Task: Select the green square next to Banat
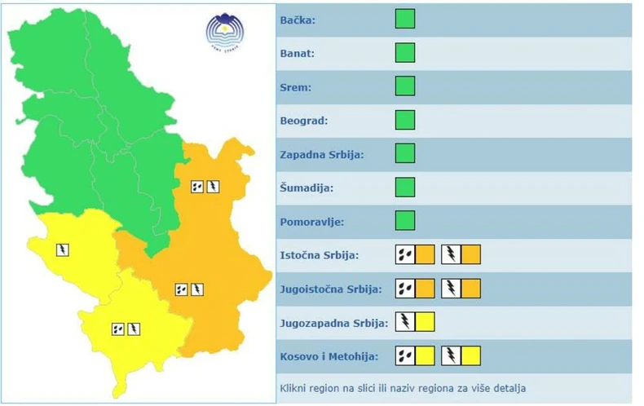(x=405, y=53)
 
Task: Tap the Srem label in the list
(x=296, y=87)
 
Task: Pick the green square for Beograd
(x=405, y=120)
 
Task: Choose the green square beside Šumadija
(x=405, y=188)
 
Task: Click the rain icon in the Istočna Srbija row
(x=405, y=254)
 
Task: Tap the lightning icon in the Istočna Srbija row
(x=451, y=254)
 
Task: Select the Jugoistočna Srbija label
(x=331, y=289)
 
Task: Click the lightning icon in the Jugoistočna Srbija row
(x=451, y=289)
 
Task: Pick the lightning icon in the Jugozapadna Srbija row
(x=405, y=322)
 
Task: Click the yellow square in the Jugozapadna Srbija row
(x=425, y=322)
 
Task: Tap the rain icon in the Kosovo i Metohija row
(x=405, y=355)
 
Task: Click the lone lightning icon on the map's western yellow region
(x=62, y=249)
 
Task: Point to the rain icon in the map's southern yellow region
(x=118, y=329)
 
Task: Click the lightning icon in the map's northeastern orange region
(x=213, y=187)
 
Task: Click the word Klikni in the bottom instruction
(x=294, y=386)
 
